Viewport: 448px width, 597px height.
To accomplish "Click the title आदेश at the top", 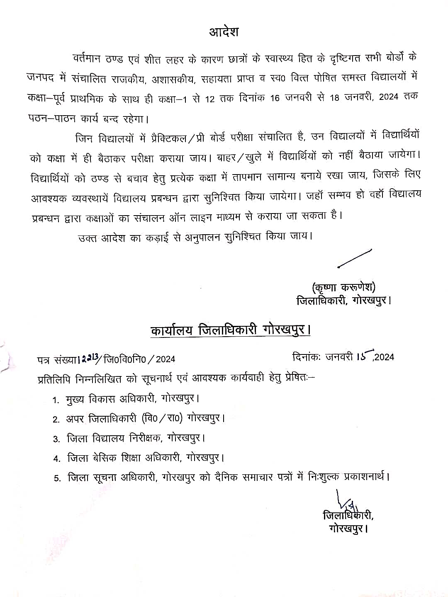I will coord(224,32).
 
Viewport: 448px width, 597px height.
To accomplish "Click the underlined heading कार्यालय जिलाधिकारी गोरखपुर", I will coord(230,330).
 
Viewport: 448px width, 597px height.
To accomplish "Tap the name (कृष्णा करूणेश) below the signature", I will coord(343,287).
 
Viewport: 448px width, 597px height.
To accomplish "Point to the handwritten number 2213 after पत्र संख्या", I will coord(90,358).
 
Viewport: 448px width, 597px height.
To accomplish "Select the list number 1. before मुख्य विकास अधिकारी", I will coord(56,400).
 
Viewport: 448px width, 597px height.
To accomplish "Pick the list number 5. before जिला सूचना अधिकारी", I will coord(57,478).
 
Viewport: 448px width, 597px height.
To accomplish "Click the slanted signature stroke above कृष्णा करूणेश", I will coord(354,258).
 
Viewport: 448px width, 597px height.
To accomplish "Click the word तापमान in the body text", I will coord(247,177).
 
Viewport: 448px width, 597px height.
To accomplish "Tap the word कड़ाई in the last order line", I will coord(157,238).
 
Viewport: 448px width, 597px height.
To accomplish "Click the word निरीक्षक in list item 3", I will coord(145,438).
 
